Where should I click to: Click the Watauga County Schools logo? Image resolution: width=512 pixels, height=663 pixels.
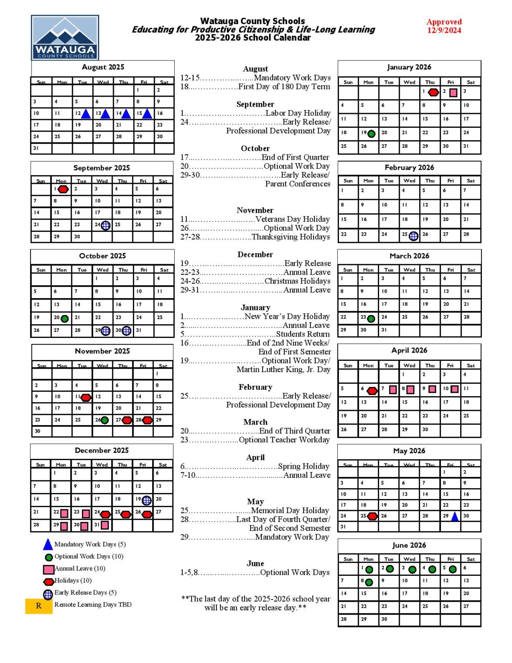[65, 38]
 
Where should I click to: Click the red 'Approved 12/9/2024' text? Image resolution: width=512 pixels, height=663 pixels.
[444, 26]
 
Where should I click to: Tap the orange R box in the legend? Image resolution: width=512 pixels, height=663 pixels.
[39, 606]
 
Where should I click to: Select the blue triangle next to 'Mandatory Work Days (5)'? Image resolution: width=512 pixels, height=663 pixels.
[48, 544]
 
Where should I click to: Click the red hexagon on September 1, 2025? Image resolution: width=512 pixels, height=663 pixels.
[63, 189]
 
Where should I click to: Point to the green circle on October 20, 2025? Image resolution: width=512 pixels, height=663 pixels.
[65, 319]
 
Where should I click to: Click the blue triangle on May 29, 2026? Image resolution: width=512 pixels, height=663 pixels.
[455, 516]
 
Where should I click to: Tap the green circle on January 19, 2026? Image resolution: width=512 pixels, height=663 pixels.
[371, 133]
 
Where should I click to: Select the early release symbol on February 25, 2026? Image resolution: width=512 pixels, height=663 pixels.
[413, 236]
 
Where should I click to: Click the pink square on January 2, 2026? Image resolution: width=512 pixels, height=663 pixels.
[453, 92]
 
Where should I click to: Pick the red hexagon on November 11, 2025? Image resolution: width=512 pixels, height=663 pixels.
[86, 397]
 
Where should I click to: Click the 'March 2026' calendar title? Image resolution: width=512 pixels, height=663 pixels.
[409, 256]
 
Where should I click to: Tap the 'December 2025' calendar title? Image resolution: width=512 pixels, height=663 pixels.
[102, 450]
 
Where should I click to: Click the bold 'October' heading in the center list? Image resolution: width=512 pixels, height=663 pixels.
[255, 148]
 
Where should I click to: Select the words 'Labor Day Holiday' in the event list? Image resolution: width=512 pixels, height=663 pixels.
[298, 113]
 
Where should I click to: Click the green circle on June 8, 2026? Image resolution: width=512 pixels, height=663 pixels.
[369, 582]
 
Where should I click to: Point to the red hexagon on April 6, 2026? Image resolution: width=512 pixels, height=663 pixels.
[372, 391]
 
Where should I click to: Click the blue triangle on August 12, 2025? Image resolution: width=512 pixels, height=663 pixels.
[86, 114]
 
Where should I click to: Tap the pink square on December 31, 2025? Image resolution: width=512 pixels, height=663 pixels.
[105, 525]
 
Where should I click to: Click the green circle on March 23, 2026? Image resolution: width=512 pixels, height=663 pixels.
[371, 319]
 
